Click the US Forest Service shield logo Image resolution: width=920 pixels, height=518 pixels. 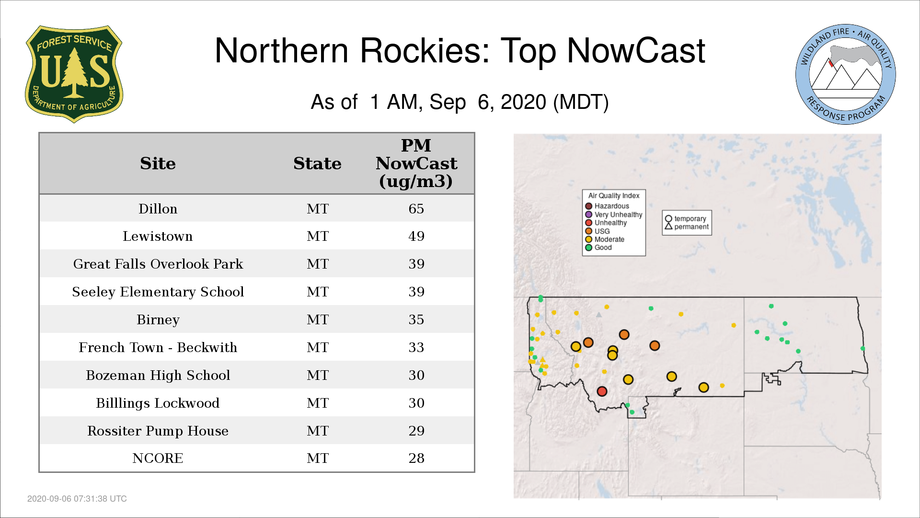pos(74,74)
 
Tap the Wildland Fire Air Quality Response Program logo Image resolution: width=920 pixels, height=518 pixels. pos(846,74)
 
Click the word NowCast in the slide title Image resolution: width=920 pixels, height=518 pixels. pos(636,50)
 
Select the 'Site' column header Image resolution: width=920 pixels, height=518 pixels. pos(158,164)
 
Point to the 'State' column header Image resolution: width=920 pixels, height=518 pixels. pos(317,164)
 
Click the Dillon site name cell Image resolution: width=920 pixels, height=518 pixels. pos(158,209)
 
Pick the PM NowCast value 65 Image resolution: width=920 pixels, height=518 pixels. pos(416,209)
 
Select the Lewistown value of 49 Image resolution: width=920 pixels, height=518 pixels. pos(416,236)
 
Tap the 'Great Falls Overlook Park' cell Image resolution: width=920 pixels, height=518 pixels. pos(158,264)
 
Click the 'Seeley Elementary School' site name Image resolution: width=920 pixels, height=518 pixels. pos(158,292)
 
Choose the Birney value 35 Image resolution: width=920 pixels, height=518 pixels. pos(416,319)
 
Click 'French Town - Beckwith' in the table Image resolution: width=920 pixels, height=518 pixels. pos(158,347)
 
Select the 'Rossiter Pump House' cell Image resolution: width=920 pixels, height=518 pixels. pos(158,431)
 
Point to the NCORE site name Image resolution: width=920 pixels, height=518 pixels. pos(158,458)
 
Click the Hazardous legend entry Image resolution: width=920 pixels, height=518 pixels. pos(607,206)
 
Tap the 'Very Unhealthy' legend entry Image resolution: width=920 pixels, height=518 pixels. pos(614,214)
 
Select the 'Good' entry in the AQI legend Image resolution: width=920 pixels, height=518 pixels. pos(598,247)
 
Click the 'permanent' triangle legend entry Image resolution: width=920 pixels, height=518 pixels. pos(687,226)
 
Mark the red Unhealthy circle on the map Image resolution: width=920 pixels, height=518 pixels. pos(602,391)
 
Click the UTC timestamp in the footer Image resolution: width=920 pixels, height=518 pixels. pos(77,499)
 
